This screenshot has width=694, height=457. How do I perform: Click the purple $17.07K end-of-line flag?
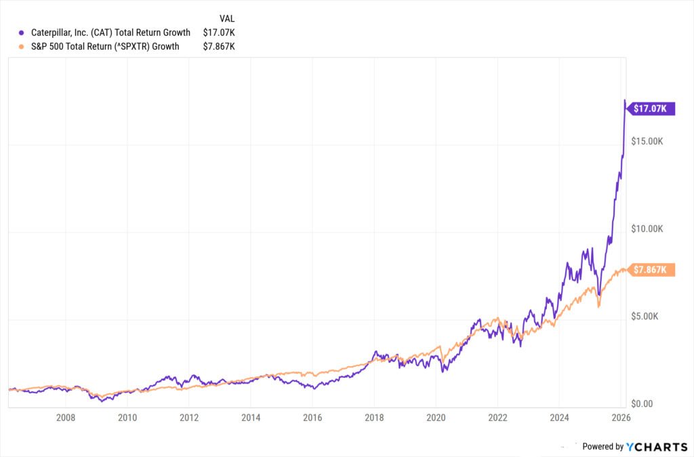tap(651, 108)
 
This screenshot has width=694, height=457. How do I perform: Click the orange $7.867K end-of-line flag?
tap(651, 270)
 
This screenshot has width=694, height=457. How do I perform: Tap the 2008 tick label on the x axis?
tap(66, 418)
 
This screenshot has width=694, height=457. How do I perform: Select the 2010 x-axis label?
tap(127, 418)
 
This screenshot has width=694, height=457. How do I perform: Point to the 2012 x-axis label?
tap(189, 418)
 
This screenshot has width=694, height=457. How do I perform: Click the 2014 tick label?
tap(251, 418)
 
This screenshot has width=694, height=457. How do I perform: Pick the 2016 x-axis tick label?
tap(312, 418)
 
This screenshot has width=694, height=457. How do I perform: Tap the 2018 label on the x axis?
tap(374, 418)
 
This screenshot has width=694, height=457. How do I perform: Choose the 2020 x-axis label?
tap(436, 418)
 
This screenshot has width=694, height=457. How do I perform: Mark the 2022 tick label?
tap(497, 418)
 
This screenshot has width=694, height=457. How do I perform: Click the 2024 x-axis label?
tap(559, 418)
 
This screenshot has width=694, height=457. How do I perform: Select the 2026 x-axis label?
tap(621, 418)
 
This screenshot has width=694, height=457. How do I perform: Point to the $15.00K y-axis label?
tap(648, 141)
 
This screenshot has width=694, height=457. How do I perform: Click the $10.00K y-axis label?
tap(648, 228)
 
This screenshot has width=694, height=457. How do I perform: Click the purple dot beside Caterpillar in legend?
tap(22, 33)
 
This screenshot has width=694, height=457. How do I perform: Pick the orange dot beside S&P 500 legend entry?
tap(22, 46)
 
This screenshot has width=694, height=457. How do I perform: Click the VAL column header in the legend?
tap(227, 18)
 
